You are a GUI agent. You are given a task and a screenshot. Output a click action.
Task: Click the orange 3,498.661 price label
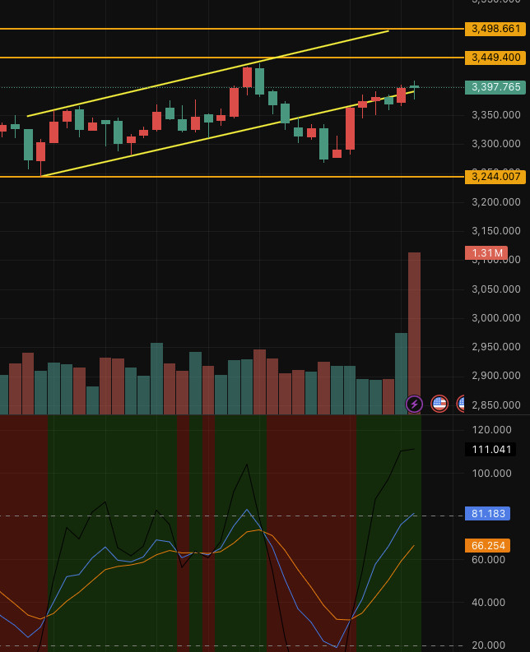click(495, 29)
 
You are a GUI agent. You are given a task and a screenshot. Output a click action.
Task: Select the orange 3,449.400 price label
click(495, 58)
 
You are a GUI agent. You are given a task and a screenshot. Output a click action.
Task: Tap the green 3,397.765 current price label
click(495, 87)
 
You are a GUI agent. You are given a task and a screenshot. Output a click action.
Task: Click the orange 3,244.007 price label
click(495, 177)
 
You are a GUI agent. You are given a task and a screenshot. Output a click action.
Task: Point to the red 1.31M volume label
click(486, 252)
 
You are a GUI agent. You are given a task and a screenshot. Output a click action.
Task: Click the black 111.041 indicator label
click(490, 450)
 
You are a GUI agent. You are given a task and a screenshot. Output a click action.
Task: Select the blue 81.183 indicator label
click(487, 513)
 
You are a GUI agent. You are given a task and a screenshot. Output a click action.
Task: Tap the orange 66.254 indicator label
click(487, 545)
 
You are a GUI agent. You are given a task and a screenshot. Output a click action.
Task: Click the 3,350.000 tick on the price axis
click(495, 114)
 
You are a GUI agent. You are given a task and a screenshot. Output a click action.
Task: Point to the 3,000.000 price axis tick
click(495, 317)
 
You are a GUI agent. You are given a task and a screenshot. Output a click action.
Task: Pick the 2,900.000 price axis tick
click(495, 376)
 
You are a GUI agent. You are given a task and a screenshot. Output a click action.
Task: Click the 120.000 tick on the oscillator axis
click(491, 429)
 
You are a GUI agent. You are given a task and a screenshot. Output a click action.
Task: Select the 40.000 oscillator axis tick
click(491, 602)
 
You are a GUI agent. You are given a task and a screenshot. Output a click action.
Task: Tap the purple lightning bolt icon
click(414, 404)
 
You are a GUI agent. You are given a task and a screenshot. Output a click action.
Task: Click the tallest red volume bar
click(414, 329)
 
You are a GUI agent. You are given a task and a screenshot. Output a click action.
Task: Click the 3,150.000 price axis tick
click(495, 230)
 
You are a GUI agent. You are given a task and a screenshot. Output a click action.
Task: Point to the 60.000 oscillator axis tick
click(491, 559)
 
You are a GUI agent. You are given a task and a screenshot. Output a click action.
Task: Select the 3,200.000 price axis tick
click(495, 201)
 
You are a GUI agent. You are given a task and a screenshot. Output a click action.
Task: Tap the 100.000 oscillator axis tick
click(491, 473)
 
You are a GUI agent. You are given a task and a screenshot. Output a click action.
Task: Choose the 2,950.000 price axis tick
click(495, 346)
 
